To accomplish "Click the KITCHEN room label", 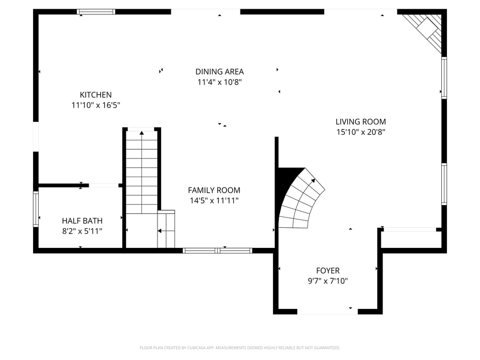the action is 96,95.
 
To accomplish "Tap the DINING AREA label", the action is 219,72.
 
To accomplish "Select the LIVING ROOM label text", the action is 361,121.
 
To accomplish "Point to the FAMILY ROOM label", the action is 214,190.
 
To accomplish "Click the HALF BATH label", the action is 82,221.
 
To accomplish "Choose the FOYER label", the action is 328,271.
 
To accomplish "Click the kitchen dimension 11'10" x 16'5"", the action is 96,105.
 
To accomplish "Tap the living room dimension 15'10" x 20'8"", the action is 361,132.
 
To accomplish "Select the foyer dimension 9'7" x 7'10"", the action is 328,281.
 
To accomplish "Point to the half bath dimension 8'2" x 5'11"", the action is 82,231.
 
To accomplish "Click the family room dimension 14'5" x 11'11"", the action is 214,201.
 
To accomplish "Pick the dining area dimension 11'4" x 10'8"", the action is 219,82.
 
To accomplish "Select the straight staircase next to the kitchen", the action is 142,172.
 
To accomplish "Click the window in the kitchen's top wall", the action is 96,12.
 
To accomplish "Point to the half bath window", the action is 36,209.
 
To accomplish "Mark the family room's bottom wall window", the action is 217,251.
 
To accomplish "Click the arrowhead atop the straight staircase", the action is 142,133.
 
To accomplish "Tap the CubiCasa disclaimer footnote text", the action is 239,348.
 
